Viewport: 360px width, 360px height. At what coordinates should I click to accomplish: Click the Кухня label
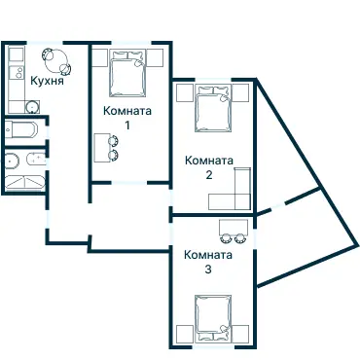coord(47,80)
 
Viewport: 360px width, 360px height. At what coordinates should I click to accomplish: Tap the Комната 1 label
coord(127,118)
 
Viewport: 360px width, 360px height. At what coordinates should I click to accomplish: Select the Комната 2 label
coord(209,167)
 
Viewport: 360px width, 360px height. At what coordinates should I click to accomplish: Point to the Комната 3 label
coord(208,262)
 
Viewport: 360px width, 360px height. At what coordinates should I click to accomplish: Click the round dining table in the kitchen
coord(56,60)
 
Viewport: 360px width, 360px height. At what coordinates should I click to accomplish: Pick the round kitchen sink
coord(33,106)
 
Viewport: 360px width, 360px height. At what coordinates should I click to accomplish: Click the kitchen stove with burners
coord(17,72)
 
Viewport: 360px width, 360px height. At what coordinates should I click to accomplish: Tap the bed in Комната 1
coord(126,73)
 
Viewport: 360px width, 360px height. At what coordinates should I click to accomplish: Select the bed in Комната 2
coord(213,108)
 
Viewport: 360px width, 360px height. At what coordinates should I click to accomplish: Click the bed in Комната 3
coord(213,319)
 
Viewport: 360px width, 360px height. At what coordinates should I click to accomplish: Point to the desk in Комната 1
coord(101,148)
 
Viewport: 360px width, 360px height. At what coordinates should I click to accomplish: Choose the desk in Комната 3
coord(234,227)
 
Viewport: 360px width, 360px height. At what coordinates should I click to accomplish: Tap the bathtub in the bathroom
coord(21,130)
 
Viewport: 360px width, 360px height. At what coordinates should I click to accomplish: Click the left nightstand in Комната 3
coord(185,334)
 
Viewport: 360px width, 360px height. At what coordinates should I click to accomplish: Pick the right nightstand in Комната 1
coord(155,58)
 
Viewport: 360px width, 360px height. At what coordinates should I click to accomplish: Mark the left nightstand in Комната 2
coord(185,93)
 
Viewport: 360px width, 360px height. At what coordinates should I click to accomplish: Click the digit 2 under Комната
coord(209,175)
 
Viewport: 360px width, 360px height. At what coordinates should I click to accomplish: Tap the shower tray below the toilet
coord(25,182)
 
